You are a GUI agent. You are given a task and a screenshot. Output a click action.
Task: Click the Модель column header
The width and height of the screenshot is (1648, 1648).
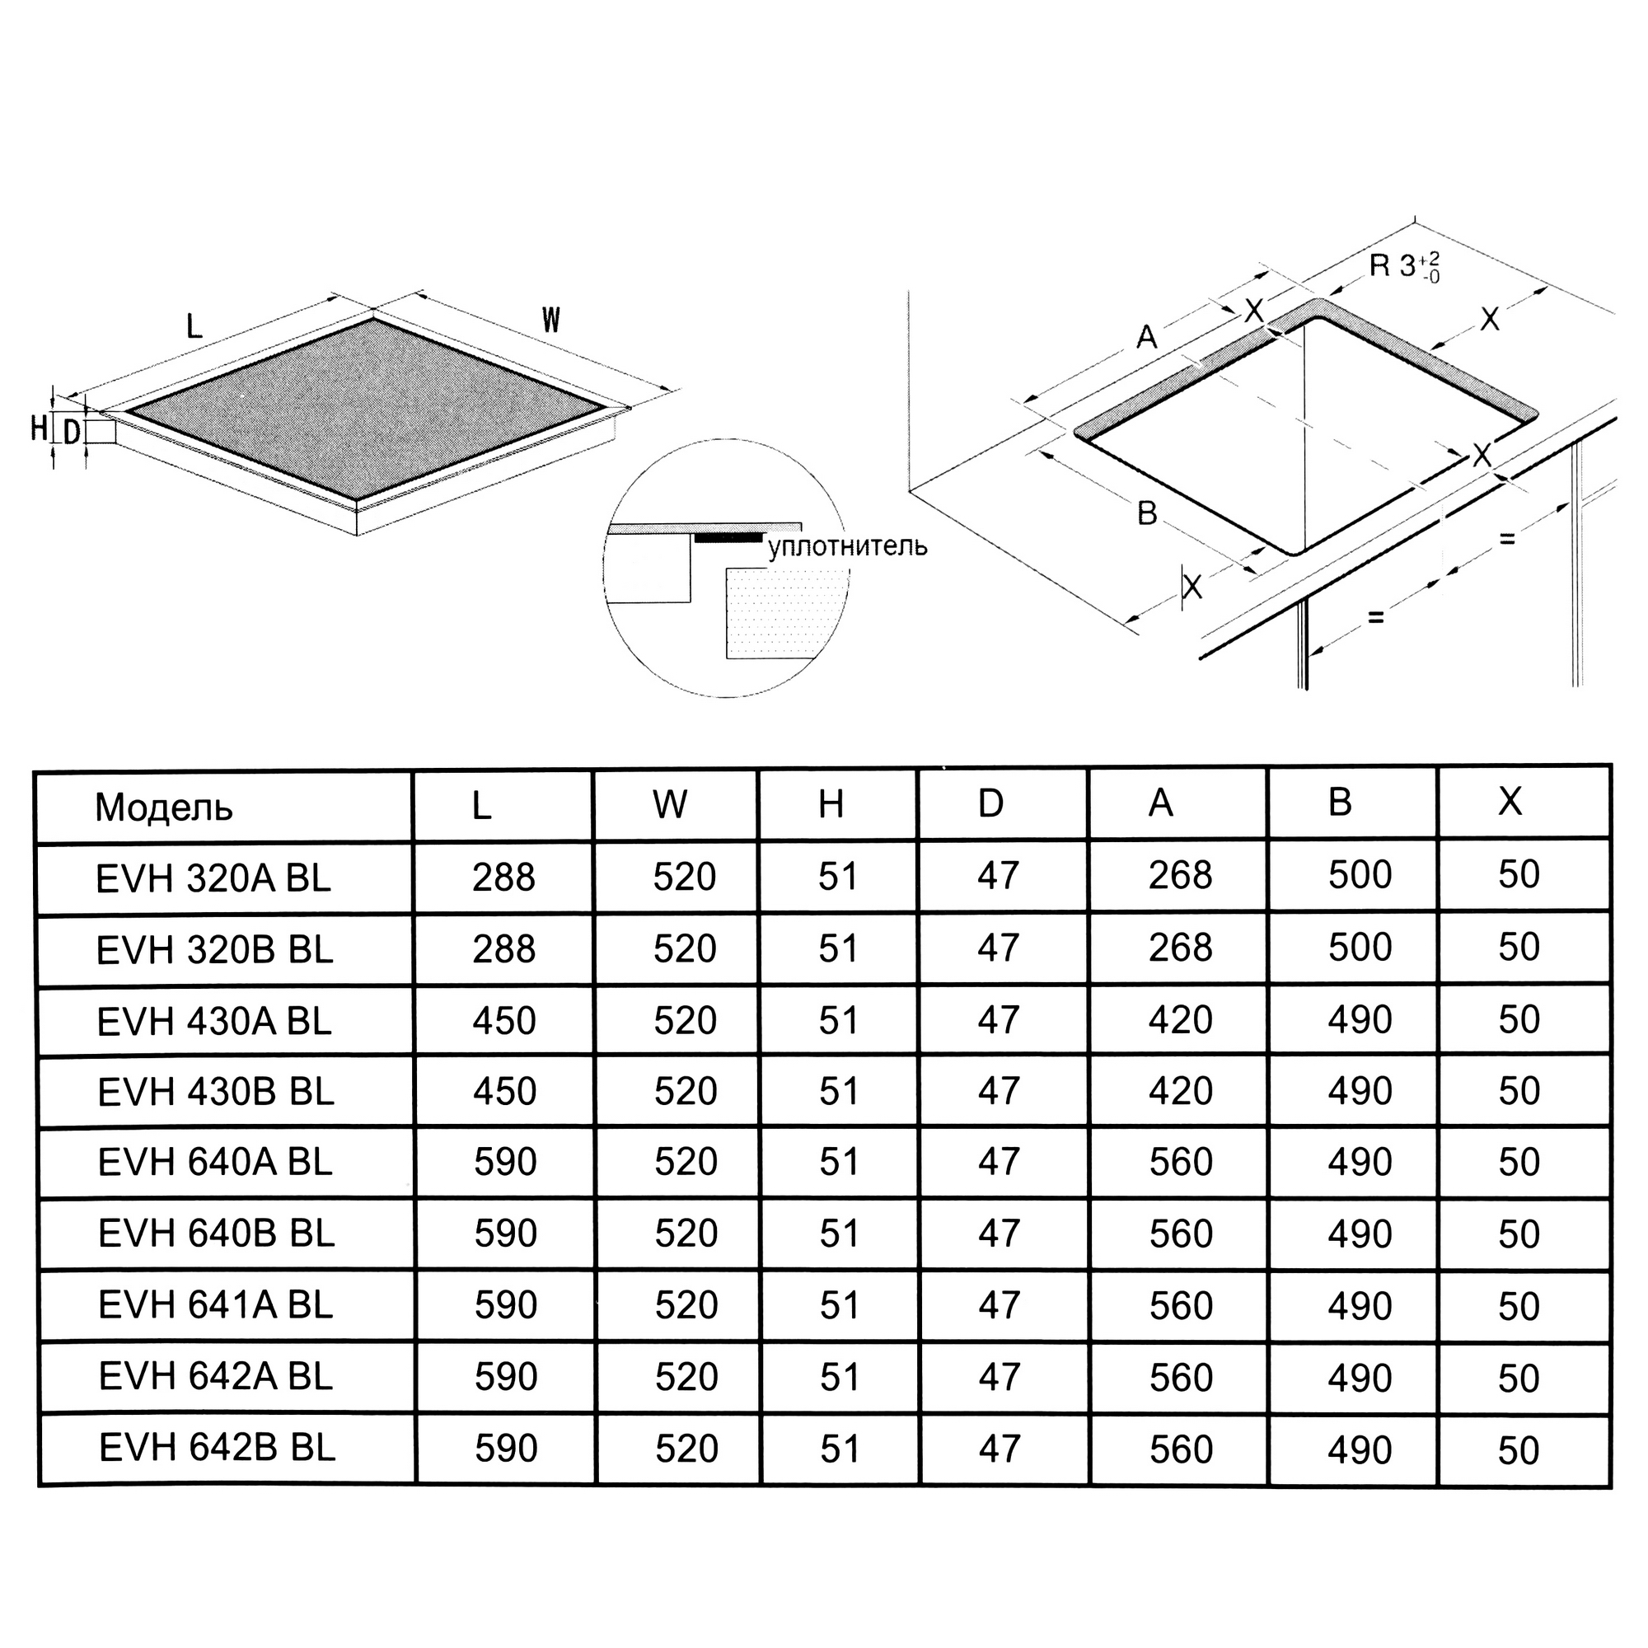click(163, 807)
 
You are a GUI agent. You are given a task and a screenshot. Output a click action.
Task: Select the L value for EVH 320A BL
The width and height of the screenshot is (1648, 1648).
click(503, 877)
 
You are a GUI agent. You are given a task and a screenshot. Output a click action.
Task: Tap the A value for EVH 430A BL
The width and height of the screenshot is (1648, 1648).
click(1180, 1019)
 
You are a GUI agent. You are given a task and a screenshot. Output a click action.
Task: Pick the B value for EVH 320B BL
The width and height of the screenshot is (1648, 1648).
click(1360, 947)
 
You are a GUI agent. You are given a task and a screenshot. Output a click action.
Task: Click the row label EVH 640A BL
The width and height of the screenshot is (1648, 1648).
click(214, 1163)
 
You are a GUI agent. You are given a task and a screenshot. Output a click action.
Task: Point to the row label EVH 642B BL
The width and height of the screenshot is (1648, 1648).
click(217, 1448)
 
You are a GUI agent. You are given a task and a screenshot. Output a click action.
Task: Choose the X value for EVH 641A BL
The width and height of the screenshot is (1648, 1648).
click(1519, 1306)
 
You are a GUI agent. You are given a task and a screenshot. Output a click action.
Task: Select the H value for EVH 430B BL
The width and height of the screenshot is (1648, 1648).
click(839, 1091)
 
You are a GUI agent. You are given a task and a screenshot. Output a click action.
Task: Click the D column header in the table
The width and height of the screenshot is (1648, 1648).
click(990, 803)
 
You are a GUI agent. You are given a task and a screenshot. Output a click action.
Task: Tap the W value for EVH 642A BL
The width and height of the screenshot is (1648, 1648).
click(686, 1377)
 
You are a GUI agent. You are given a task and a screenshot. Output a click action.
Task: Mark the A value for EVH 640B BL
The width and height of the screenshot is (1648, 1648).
click(1181, 1234)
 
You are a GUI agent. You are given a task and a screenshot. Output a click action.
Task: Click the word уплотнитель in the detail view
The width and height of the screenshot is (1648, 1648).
click(847, 546)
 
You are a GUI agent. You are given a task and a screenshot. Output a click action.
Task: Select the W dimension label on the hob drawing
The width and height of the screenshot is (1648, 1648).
click(551, 320)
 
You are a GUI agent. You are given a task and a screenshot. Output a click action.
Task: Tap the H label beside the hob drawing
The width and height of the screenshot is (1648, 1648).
click(40, 428)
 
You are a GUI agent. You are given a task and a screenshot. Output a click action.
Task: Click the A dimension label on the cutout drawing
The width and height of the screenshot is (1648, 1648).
click(1147, 337)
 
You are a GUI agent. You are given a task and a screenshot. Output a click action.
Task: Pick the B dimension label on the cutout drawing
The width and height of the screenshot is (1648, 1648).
click(1147, 513)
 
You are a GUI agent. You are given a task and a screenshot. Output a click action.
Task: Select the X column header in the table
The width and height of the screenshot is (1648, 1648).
click(1510, 801)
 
